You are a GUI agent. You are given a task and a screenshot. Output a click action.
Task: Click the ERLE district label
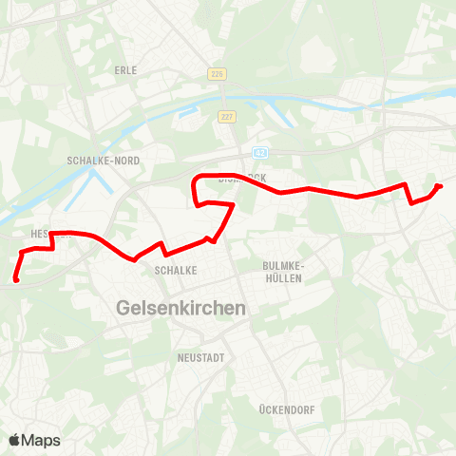tap(126, 70)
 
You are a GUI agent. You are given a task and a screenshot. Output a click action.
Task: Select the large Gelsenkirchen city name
tap(180, 309)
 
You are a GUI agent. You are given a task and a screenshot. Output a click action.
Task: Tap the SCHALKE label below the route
tap(175, 270)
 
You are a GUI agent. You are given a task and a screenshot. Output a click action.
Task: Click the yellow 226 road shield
tap(217, 72)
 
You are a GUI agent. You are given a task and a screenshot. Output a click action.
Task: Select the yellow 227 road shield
tap(226, 117)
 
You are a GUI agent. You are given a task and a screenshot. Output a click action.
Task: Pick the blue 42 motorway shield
tap(259, 152)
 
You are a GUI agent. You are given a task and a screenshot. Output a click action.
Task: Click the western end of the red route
tap(17, 279)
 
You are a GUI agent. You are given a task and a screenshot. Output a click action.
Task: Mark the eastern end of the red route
tap(439, 186)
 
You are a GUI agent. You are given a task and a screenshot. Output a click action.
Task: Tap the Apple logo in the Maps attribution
tap(15, 440)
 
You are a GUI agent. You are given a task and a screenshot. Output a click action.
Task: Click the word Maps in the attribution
tap(42, 440)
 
